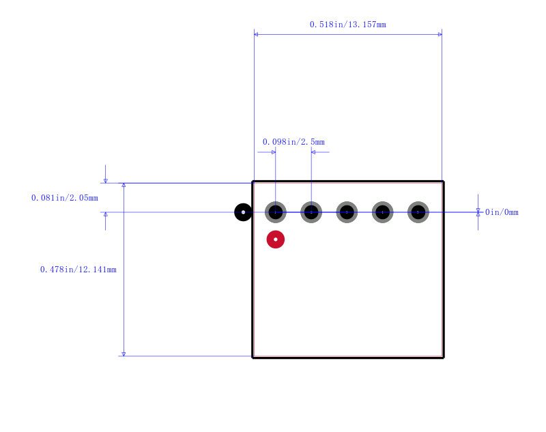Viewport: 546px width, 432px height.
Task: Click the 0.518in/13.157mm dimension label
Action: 348,25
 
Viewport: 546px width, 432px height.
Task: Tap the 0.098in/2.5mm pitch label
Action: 293,142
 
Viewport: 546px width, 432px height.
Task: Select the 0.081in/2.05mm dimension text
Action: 65,198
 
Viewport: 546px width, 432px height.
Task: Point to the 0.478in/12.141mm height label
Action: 78,270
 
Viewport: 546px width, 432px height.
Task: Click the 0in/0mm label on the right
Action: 502,212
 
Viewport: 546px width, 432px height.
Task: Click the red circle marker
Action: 276,240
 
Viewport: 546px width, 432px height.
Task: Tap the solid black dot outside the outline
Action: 243,212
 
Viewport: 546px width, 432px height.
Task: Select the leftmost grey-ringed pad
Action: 276,212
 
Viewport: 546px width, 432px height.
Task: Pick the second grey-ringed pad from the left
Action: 311,212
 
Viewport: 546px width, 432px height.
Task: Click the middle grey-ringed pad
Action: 347,212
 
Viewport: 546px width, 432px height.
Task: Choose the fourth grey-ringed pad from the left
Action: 383,212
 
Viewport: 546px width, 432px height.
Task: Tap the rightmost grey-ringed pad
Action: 418,212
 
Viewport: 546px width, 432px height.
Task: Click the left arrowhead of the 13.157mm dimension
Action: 256,34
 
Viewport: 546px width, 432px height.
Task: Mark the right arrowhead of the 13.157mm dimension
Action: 440,34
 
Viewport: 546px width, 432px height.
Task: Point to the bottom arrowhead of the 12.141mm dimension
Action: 124,354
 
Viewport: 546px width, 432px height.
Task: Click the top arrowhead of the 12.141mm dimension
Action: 124,185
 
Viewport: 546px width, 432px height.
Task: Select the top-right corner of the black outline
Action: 443,182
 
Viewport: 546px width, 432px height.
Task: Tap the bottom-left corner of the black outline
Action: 253,357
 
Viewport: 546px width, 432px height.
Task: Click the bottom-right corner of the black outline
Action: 443,357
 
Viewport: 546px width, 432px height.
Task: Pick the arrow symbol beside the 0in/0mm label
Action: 478,212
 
